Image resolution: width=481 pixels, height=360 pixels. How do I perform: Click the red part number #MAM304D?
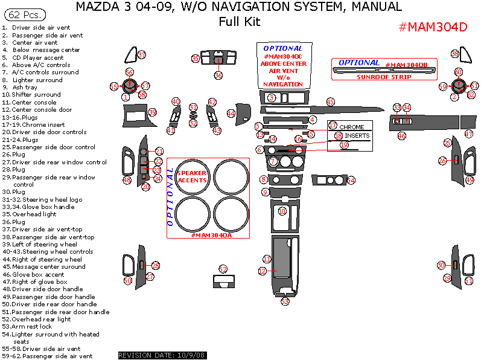[x=433, y=28]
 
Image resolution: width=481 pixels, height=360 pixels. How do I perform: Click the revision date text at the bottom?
[x=162, y=355]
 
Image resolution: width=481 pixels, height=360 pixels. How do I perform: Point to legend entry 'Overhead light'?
[x=37, y=214]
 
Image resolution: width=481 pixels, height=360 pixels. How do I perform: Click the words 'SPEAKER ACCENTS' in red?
[x=191, y=176]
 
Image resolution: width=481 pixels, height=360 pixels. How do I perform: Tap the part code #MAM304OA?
[x=211, y=235]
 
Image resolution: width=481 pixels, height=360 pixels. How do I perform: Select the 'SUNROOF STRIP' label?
[x=384, y=77]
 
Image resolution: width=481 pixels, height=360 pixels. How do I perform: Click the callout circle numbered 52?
[x=223, y=269]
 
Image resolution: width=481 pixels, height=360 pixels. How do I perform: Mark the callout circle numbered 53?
[x=285, y=301]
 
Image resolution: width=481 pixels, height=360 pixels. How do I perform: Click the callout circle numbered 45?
[x=330, y=102]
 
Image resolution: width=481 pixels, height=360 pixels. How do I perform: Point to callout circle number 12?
[x=263, y=272]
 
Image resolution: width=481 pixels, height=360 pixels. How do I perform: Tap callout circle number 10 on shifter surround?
[x=282, y=211]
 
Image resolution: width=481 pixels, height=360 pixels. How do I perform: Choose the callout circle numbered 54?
[x=351, y=181]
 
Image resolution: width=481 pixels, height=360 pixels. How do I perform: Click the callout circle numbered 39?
[x=152, y=112]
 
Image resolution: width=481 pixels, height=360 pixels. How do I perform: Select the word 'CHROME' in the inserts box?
[x=352, y=127]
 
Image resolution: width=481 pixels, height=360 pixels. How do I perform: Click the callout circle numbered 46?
[x=401, y=136]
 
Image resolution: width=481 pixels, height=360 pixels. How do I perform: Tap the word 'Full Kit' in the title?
[x=240, y=22]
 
